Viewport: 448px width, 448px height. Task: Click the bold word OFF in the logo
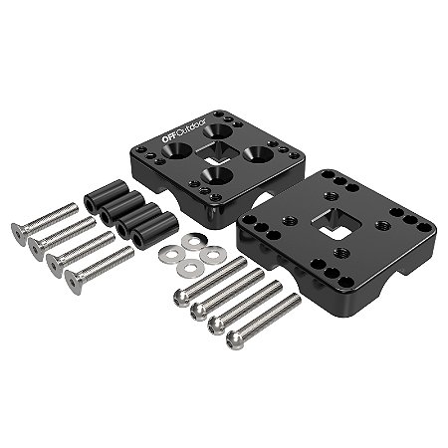click(169, 137)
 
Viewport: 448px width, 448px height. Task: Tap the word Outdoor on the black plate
click(192, 127)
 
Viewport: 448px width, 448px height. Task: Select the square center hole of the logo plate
click(218, 152)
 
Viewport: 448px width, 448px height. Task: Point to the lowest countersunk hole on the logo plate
click(217, 175)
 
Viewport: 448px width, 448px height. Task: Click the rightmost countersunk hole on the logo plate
click(259, 154)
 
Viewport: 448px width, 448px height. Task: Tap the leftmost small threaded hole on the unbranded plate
click(288, 220)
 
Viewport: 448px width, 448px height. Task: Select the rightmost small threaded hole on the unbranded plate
click(382, 225)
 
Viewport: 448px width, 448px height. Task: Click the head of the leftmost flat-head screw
click(19, 234)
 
